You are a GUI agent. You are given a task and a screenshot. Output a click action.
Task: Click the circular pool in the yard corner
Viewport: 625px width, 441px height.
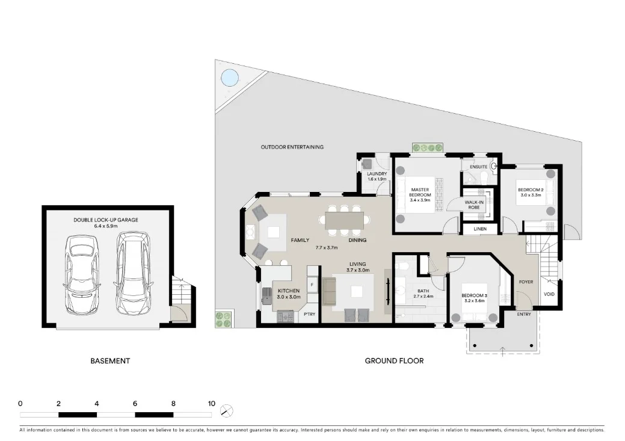tap(229, 77)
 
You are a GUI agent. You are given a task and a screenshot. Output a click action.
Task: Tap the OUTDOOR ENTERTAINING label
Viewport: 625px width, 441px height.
tap(292, 147)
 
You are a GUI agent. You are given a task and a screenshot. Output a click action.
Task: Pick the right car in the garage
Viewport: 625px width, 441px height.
tap(132, 274)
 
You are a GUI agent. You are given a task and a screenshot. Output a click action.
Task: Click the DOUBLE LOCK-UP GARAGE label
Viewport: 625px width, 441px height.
tap(106, 220)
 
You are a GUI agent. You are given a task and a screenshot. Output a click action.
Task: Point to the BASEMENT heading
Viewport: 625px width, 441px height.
tap(110, 361)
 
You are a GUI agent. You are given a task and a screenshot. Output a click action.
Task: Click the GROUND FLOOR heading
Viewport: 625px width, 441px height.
tap(394, 361)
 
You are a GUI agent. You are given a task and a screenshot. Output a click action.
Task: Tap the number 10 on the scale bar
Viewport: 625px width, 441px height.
tap(211, 404)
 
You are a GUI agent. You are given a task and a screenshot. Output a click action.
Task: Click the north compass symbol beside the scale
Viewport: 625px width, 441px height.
tap(227, 411)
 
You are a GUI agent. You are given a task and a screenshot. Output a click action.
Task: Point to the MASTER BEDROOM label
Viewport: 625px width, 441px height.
tap(420, 192)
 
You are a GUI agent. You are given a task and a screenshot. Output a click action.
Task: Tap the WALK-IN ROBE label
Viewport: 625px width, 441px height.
tap(475, 204)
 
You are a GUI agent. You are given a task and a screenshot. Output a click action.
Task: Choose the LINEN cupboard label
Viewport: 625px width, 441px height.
tap(480, 229)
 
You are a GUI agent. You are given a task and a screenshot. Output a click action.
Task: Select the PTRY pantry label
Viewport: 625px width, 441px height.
tap(309, 314)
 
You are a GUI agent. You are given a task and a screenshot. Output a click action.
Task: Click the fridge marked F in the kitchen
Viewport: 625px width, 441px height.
tap(312, 283)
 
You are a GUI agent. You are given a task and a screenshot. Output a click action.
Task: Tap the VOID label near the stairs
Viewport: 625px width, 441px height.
tap(549, 294)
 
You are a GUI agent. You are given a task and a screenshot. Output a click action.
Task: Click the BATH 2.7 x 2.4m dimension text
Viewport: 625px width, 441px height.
tap(423, 296)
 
